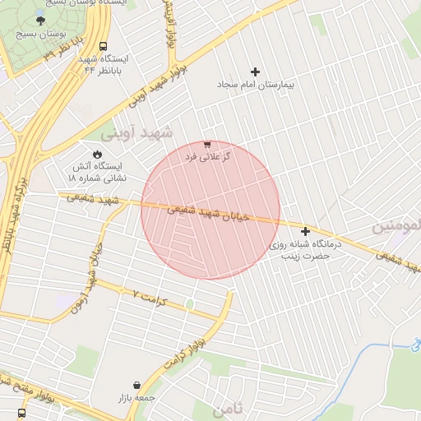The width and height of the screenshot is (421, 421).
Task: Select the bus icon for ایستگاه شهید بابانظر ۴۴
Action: coord(103,47)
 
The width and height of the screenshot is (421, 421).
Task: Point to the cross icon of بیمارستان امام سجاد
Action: coord(255,72)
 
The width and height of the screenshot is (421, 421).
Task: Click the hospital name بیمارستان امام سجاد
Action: coord(255,85)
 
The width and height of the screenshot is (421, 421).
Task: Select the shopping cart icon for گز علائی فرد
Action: coord(207,144)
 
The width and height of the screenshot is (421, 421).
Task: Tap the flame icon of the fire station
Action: coord(97,153)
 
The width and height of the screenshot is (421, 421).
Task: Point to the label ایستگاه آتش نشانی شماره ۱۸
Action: coord(97,170)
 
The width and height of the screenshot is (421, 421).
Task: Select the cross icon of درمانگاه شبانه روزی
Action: coord(306,232)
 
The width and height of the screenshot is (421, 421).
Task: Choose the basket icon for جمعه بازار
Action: coord(136,385)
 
